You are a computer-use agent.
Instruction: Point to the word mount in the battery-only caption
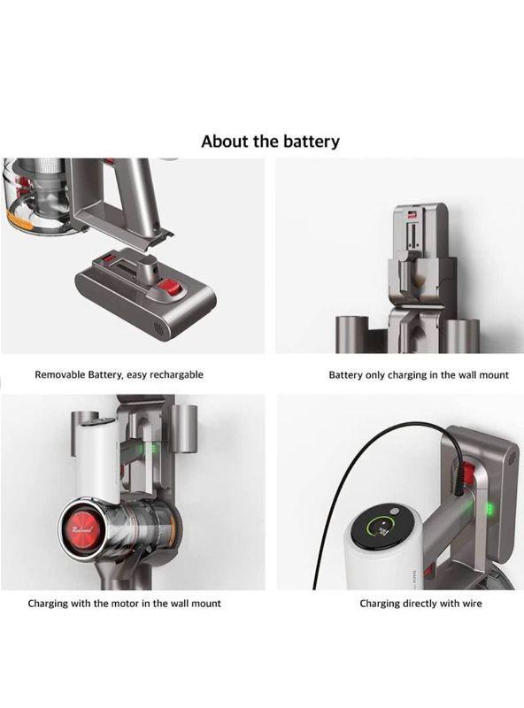click(494, 375)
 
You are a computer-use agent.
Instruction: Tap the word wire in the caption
click(472, 604)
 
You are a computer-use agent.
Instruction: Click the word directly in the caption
click(421, 604)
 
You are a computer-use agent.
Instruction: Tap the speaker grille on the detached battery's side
click(158, 327)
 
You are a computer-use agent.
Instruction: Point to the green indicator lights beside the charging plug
click(489, 510)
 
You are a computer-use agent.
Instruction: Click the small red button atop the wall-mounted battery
click(412, 213)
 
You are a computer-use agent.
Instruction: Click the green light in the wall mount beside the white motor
click(151, 449)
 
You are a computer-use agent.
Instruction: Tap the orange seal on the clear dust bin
click(18, 219)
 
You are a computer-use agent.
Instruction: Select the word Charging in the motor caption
click(47, 604)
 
